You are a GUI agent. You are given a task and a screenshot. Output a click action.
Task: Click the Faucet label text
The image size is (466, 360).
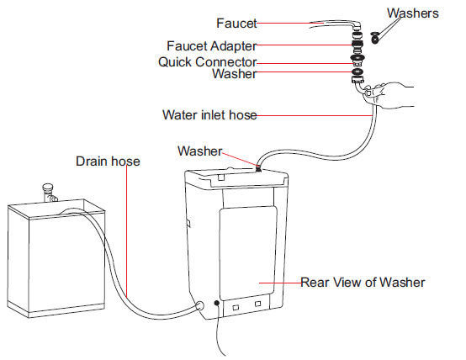[236, 24]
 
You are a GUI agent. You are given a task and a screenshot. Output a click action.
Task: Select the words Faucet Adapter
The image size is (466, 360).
[212, 46]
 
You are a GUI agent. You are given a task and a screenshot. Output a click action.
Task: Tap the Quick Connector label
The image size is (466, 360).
[207, 62]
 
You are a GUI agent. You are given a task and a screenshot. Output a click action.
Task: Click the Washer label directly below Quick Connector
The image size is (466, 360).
[234, 74]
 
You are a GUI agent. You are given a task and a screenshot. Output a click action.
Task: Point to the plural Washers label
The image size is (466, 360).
[413, 13]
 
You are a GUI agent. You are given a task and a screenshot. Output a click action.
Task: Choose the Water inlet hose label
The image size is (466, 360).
[209, 115]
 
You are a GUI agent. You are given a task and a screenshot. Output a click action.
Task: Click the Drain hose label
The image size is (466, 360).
[108, 161]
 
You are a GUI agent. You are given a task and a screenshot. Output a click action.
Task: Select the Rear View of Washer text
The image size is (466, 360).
[363, 283]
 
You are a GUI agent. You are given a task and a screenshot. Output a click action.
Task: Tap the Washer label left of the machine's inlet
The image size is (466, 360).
[199, 151]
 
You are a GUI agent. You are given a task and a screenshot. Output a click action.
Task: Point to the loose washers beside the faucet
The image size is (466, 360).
[375, 38]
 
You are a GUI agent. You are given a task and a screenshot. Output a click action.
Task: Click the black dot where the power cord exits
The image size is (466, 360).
[217, 303]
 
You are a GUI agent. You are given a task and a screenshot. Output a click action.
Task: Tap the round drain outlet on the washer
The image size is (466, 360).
[199, 305]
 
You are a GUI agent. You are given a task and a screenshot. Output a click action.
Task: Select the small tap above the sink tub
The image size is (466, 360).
[49, 193]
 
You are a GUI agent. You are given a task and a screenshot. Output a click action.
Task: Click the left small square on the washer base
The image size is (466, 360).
[236, 307]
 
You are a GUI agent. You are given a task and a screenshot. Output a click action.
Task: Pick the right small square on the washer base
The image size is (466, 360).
[257, 304]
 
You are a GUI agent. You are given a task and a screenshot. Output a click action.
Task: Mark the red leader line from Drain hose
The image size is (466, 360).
[127, 231]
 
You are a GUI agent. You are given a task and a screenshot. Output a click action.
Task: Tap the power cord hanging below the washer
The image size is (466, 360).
[219, 330]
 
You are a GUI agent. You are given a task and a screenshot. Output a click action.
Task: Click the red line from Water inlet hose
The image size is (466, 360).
[315, 115]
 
